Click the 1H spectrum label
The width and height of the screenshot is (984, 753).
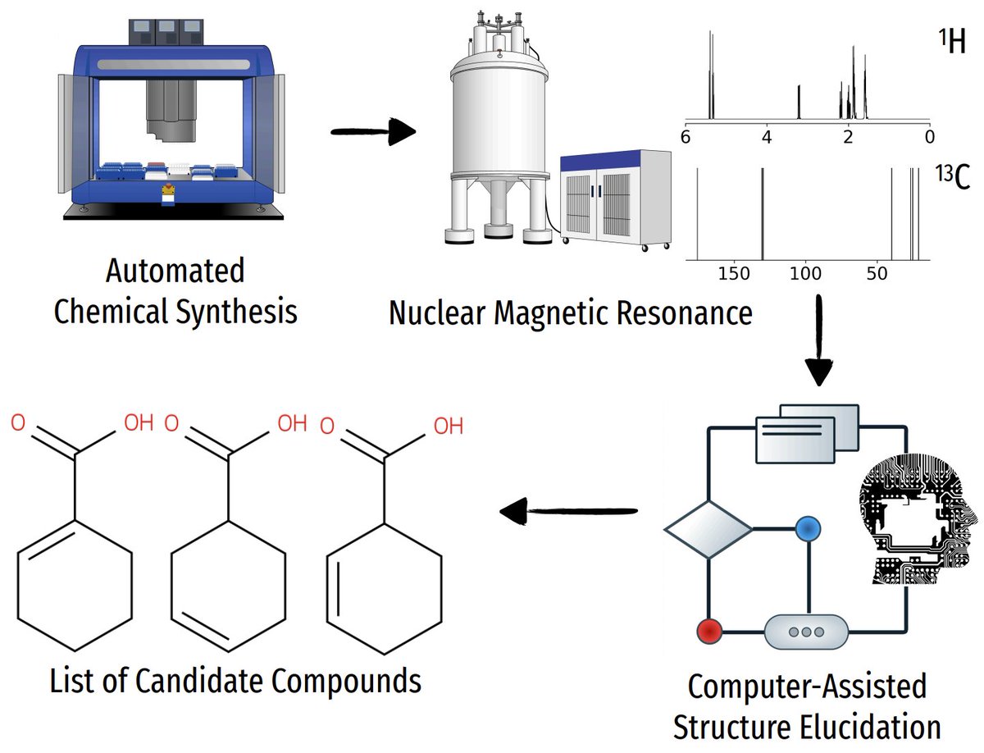952,42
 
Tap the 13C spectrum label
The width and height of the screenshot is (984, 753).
953,177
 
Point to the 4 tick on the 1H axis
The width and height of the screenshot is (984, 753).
767,137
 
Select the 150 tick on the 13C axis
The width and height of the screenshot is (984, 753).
734,274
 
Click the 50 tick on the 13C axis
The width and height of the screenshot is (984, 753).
877,274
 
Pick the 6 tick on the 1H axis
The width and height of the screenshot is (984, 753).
686,137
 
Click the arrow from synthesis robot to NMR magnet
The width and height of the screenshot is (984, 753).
373,131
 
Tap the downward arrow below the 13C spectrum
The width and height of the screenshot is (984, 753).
819,340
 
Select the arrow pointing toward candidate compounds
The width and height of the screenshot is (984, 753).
568,511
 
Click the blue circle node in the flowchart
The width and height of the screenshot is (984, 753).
809,529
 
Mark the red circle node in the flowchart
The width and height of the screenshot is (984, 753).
709,632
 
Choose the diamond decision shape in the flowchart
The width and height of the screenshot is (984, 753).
708,530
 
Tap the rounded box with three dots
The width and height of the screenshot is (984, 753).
806,632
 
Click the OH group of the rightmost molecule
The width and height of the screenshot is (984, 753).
449,426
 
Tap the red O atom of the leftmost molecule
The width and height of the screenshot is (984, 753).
18,423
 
